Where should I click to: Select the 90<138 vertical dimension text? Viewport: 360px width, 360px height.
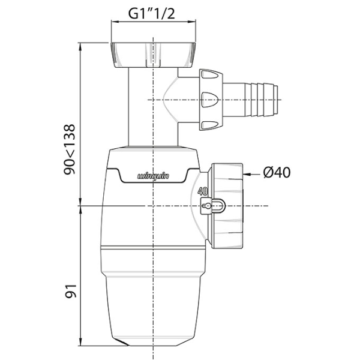pyautogui.click(x=71, y=149)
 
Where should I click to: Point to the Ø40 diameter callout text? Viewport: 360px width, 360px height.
pyautogui.click(x=277, y=173)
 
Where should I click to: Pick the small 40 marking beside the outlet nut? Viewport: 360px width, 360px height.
pyautogui.click(x=202, y=193)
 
